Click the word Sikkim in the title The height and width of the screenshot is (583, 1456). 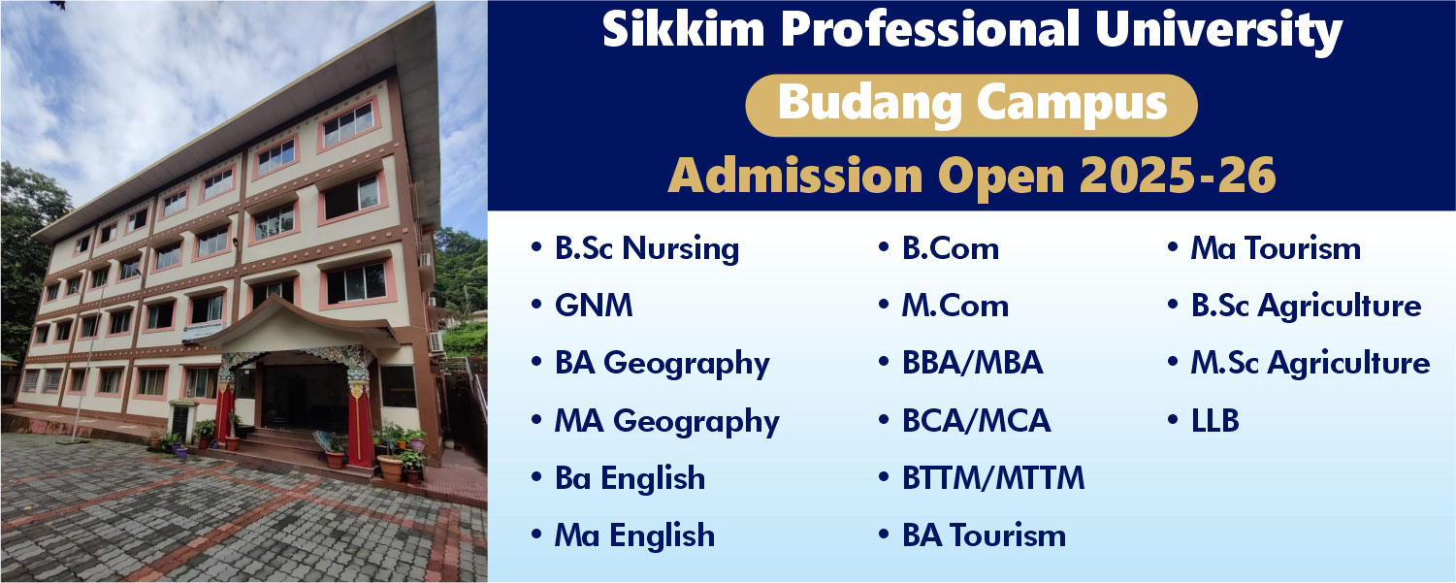684,28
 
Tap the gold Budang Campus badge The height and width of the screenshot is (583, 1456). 972,106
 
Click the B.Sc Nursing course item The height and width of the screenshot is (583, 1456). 647,249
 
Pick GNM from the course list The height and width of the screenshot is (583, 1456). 594,306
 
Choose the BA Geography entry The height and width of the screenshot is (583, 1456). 662,364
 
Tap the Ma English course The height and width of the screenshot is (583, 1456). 634,535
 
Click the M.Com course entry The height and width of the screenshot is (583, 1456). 954,306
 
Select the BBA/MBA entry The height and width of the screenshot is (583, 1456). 972,363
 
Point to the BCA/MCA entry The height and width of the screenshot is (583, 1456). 976,420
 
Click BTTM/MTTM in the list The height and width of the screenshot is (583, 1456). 993,477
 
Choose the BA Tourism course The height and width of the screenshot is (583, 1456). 985,535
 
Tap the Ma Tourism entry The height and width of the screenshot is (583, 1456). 1276,248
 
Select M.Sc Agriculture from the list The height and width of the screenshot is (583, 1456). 1310,364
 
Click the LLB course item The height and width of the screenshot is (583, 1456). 1214,420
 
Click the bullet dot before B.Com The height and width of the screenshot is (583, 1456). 884,247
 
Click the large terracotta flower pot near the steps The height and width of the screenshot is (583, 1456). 390,468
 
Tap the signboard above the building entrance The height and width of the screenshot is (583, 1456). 203,330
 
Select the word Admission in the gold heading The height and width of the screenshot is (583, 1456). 795,176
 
